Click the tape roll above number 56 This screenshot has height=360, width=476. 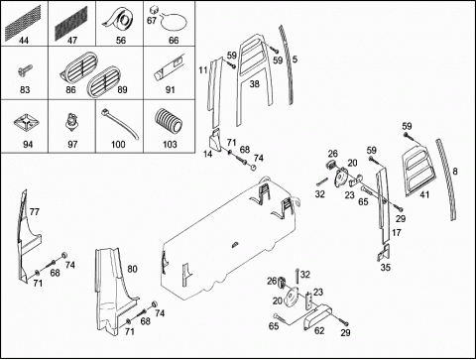(119, 21)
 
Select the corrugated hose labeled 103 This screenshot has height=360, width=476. (169, 122)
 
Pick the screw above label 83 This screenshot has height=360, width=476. (25, 69)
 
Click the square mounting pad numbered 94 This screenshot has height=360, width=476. (25, 124)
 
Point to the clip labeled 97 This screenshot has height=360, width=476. (70, 122)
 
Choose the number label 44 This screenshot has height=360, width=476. (24, 41)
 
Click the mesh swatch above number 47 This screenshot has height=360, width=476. (71, 21)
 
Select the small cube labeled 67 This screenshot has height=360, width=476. (153, 9)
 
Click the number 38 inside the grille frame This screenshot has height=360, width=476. (254, 84)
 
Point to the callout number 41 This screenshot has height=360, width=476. (424, 194)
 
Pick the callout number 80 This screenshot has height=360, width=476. (132, 269)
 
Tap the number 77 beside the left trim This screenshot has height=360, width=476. (34, 212)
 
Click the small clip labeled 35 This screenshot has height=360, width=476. (385, 253)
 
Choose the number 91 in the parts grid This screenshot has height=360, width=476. (170, 90)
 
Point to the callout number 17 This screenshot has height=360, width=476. (397, 233)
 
